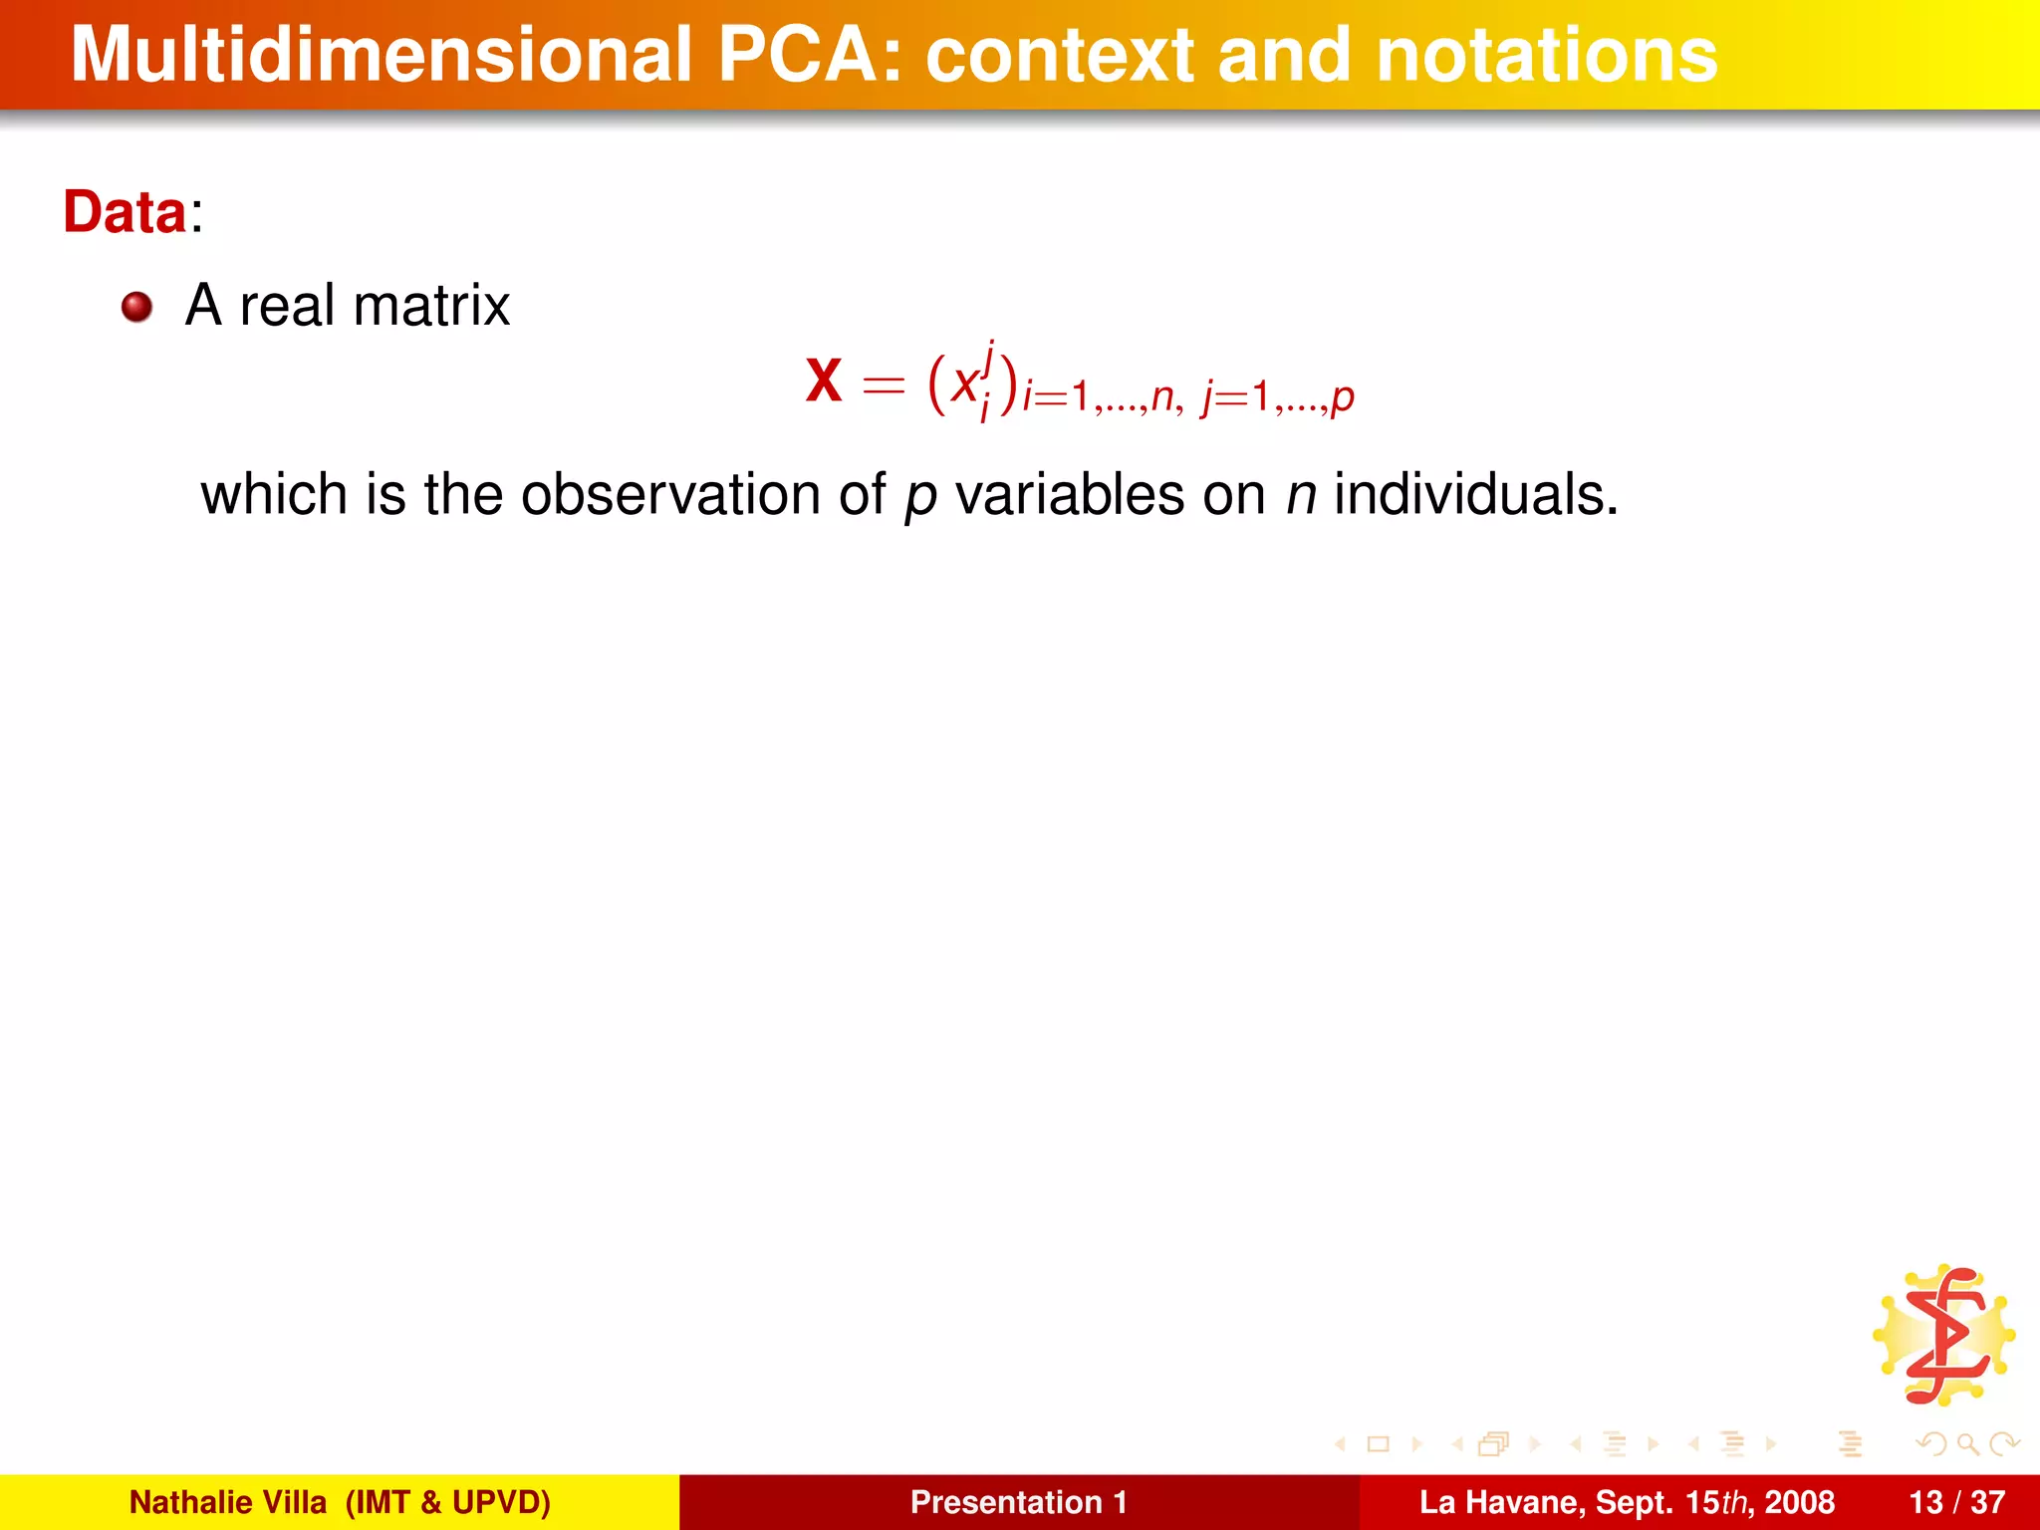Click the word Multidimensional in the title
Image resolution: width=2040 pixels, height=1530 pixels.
click(381, 56)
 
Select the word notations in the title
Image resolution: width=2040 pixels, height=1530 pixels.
click(1546, 56)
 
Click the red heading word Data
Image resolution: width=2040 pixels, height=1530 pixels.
click(125, 212)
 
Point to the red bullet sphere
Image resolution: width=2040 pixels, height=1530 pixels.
click(137, 307)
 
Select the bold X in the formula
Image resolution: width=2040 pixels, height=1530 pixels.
click(824, 382)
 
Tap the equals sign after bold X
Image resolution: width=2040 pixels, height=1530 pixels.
click(884, 383)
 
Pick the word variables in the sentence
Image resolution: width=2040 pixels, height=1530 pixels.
click(1070, 494)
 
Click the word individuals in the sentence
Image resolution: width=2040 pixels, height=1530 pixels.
click(1475, 494)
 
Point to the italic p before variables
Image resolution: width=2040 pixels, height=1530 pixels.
click(920, 498)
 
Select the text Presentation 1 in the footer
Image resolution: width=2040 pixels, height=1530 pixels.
click(1018, 1502)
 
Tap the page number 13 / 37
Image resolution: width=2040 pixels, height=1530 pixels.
click(1956, 1502)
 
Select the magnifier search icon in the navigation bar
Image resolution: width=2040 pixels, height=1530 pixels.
click(1967, 1443)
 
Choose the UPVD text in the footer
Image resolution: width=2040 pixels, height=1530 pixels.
click(501, 1502)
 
